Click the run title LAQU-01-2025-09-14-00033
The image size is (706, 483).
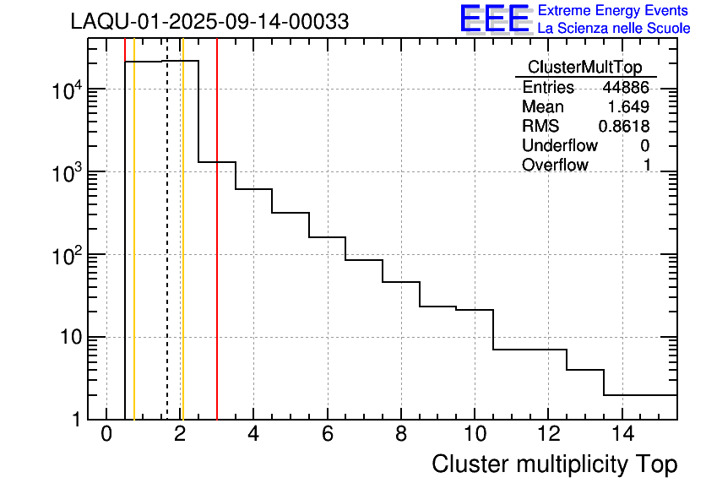click(209, 22)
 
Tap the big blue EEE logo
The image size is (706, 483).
click(494, 19)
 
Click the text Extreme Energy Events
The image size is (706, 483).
click(614, 11)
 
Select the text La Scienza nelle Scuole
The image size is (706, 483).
click(614, 29)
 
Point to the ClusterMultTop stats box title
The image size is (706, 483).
click(584, 68)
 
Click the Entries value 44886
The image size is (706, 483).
click(626, 88)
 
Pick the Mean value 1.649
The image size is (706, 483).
click(628, 107)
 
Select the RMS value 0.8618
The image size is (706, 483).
click(624, 127)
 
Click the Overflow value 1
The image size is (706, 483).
click(647, 166)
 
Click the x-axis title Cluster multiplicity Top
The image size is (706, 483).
click(554, 464)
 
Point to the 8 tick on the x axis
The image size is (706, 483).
click(401, 435)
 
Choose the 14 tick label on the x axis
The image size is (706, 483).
click(622, 435)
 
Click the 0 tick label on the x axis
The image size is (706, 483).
click(106, 435)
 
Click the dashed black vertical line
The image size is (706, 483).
click(167, 253)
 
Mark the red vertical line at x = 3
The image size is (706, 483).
click(217, 253)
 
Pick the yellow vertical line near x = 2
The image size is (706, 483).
click(182, 253)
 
